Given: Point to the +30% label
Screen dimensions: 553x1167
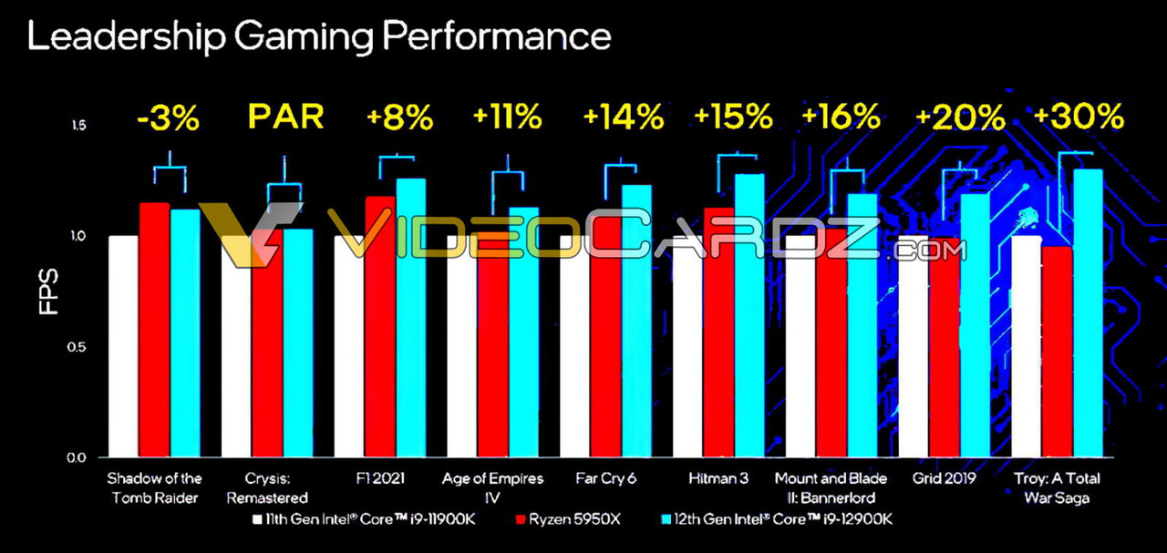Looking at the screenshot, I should click(x=1079, y=117).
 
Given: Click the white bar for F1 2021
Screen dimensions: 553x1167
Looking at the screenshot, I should click(x=349, y=346).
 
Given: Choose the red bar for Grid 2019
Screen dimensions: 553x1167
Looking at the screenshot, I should click(x=945, y=347).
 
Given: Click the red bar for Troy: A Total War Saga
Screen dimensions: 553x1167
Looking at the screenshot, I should click(x=1058, y=352).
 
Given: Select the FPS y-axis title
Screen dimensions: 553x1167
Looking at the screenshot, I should click(x=48, y=292).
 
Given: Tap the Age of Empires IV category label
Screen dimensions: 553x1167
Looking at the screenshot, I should click(x=492, y=487).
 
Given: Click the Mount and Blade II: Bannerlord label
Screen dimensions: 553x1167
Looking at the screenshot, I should click(x=824, y=487).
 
